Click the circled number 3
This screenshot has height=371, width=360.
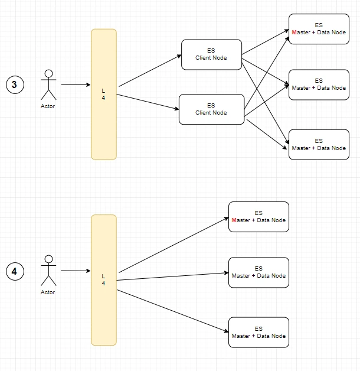15,84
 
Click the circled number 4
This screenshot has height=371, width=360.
15,271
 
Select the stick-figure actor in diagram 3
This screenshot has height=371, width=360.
49,84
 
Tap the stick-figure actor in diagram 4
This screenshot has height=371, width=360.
49,271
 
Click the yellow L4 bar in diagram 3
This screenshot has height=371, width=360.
104,95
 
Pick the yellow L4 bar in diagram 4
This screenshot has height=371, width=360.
104,280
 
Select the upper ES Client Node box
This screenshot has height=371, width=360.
211,55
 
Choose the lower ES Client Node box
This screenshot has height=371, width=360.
211,109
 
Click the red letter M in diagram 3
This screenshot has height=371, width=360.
294,32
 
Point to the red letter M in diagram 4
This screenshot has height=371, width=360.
234,220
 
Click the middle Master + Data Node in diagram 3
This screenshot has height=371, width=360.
319,84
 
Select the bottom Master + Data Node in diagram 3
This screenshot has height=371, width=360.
319,145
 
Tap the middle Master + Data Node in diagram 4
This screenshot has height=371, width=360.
258,272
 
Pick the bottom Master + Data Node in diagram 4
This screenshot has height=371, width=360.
258,333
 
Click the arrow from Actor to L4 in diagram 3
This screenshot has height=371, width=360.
76,84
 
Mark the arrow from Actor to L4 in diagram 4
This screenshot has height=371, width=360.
76,271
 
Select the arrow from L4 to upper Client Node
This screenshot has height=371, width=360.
150,71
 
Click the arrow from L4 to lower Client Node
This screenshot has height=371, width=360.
148,102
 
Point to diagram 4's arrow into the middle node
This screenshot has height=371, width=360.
172,276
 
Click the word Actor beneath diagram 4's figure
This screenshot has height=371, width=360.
48,292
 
